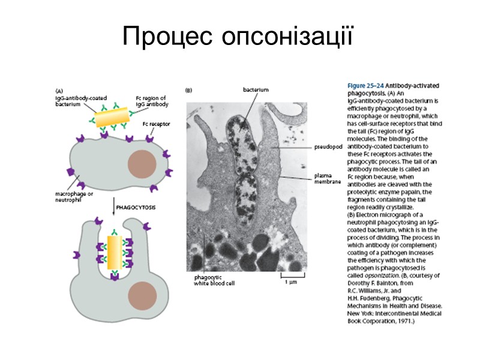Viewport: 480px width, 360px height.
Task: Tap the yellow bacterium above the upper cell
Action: point(112,116)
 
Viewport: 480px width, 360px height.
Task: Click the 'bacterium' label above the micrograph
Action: point(255,89)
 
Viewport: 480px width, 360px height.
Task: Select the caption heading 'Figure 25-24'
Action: point(365,86)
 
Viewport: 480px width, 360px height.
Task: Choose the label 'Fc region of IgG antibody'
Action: point(150,100)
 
